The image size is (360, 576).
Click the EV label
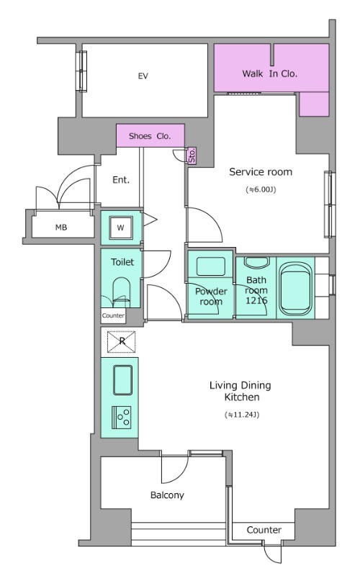[x=143, y=76]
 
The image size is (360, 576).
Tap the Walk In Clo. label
[x=269, y=73]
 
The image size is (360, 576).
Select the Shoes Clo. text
[x=150, y=136]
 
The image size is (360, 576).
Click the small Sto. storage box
[x=192, y=156]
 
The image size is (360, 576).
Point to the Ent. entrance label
[x=121, y=179]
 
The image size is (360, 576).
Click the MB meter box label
[x=61, y=228]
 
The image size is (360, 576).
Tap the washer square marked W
[x=120, y=228]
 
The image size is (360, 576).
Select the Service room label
[x=261, y=171]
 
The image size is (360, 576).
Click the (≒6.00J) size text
[x=261, y=189]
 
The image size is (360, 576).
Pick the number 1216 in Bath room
[x=256, y=300]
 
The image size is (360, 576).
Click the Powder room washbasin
[x=211, y=266]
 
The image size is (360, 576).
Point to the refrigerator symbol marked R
[x=122, y=341]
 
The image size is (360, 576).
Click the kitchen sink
[x=122, y=380]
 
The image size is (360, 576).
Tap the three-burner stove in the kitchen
[x=122, y=418]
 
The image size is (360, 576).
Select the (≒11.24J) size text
[x=242, y=415]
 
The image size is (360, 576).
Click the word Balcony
[x=167, y=495]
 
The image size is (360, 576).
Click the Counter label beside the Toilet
[x=113, y=315]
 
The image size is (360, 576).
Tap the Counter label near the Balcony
[x=264, y=530]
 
